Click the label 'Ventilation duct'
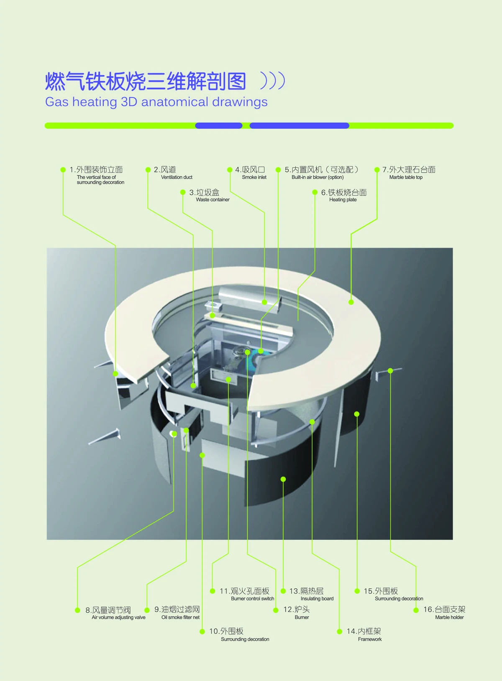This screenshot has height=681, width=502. pyautogui.click(x=177, y=177)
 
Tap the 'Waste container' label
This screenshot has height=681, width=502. pyautogui.click(x=213, y=200)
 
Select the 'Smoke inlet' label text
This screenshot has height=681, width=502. pyautogui.click(x=254, y=177)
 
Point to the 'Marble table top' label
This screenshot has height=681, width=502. pyautogui.click(x=406, y=177)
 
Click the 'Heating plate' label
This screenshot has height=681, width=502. pyautogui.click(x=343, y=200)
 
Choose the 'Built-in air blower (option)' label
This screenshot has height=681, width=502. pyautogui.click(x=318, y=177)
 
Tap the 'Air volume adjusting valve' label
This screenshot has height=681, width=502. pyautogui.click(x=118, y=617)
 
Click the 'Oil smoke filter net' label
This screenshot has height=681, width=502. pyautogui.click(x=180, y=617)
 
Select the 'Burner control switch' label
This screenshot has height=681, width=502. pyautogui.click(x=252, y=599)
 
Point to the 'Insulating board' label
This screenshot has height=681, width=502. pyautogui.click(x=317, y=599)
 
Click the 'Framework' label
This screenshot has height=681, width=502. pyautogui.click(x=370, y=639)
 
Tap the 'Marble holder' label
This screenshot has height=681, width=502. pyautogui.click(x=449, y=617)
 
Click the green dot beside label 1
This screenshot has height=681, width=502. pyautogui.click(x=63, y=170)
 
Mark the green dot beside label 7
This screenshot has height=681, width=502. pyautogui.click(x=377, y=170)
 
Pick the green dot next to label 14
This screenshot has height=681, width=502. pyautogui.click(x=340, y=631)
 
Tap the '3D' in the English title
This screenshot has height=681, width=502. pyautogui.click(x=129, y=102)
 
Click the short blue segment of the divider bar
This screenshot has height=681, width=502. pyautogui.click(x=219, y=125)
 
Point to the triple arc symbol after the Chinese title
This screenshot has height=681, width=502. pyautogui.click(x=272, y=81)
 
